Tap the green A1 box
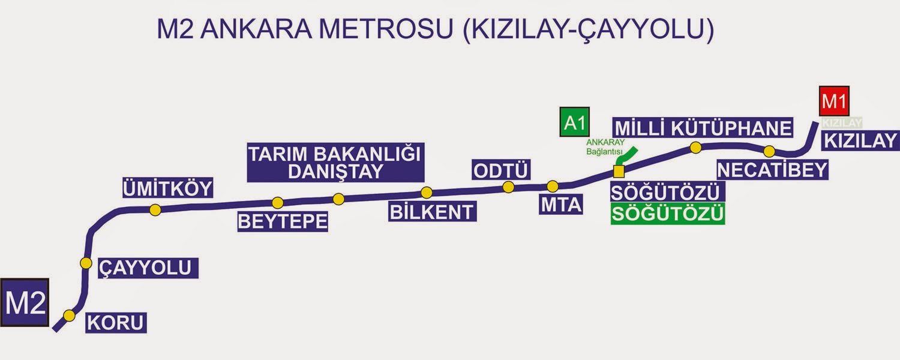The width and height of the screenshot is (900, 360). [574, 122]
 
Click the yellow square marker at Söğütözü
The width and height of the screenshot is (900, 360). [619, 172]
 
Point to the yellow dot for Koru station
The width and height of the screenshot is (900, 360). [70, 316]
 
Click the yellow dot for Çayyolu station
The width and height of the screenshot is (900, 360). [86, 263]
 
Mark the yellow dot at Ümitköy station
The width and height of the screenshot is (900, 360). [155, 210]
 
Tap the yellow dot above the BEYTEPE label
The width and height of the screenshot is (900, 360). [277, 203]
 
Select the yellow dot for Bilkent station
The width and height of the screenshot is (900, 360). [427, 193]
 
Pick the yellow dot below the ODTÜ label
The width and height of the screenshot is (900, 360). [508, 187]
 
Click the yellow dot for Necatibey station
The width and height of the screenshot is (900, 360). [769, 151]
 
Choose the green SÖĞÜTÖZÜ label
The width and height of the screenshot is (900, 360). [667, 214]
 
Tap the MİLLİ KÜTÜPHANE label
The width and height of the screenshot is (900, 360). [703, 128]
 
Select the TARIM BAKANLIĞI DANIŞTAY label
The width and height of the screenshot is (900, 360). [335, 162]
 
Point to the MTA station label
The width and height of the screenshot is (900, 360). [562, 205]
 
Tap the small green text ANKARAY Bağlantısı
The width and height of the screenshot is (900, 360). [605, 147]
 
